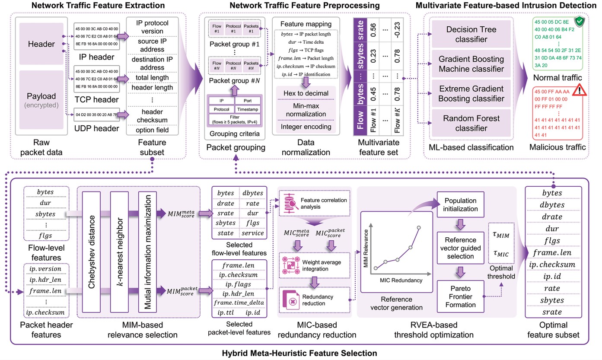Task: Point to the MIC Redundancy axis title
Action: pos(400,280)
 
